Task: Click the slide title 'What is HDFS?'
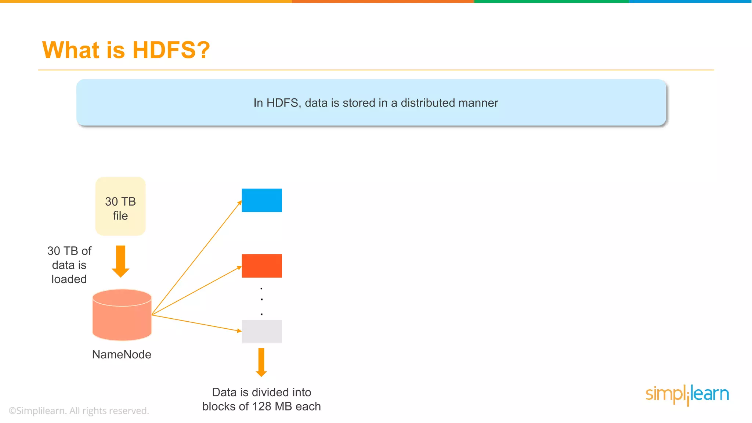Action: (x=126, y=50)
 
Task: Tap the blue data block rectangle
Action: (x=262, y=200)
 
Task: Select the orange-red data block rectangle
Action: (x=262, y=266)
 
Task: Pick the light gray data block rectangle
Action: (x=262, y=332)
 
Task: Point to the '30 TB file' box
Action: (x=120, y=206)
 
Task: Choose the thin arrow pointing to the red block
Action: (x=197, y=291)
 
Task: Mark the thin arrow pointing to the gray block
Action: (x=197, y=323)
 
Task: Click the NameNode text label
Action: (x=122, y=354)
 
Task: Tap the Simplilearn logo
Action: (x=687, y=394)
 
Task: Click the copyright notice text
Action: (x=79, y=411)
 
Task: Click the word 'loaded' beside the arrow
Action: (x=69, y=279)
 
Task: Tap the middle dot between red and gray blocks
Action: (x=261, y=300)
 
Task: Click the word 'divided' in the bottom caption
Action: (x=272, y=392)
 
